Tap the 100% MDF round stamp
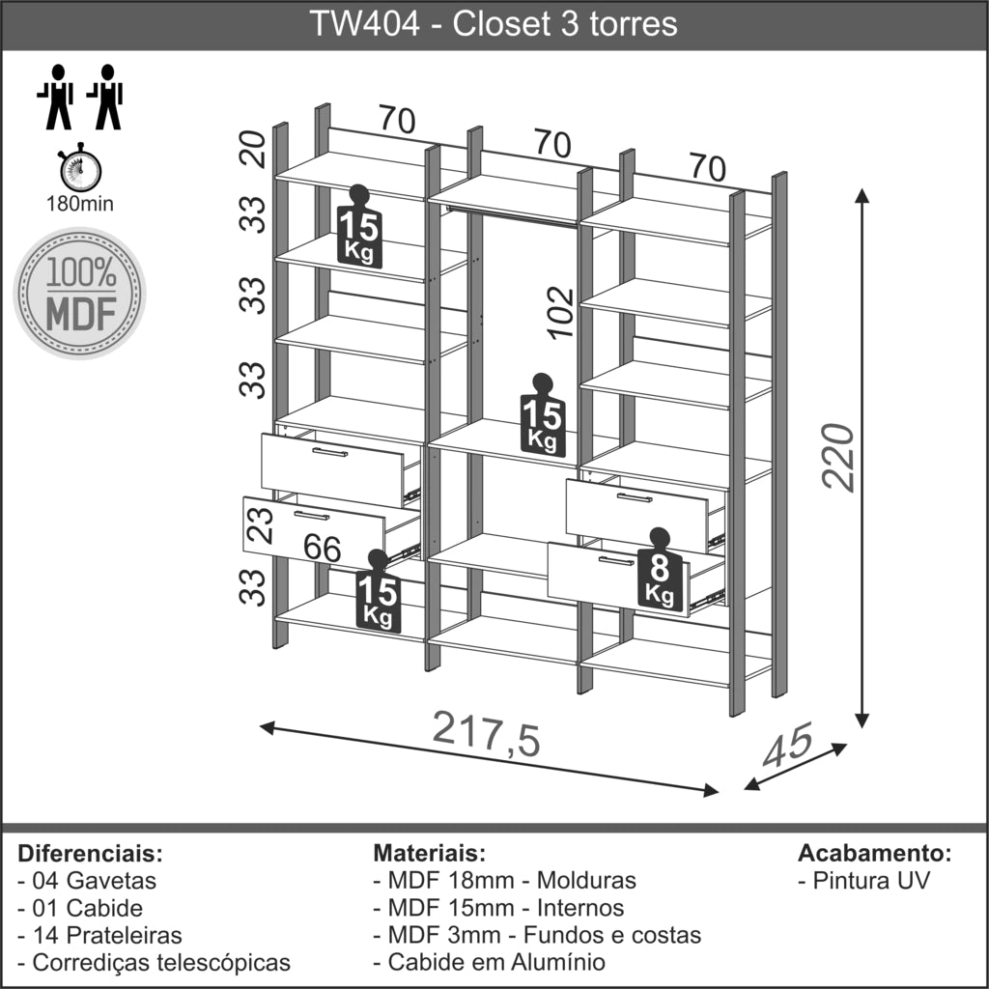pos(80,294)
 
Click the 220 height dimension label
pos(838,457)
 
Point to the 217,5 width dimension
pos(487,734)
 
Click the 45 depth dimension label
pos(786,745)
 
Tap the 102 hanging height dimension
pos(561,314)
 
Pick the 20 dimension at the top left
pos(253,148)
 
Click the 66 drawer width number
pos(323,547)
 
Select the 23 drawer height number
pos(260,524)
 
